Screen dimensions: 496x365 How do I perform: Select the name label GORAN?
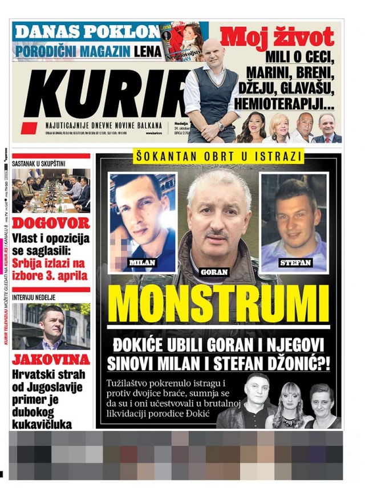click(214, 272)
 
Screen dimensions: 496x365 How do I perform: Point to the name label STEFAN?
click(294, 262)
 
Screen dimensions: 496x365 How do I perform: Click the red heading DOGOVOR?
click(51, 222)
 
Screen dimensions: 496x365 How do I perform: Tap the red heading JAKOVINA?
click(51, 359)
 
